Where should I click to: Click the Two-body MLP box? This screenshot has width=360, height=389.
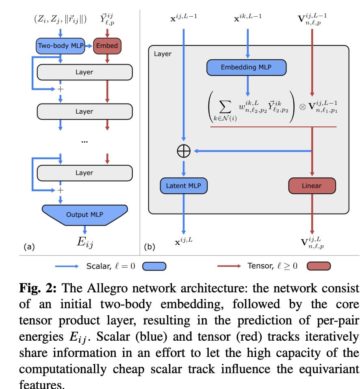60,46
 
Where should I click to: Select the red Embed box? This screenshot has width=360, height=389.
107,46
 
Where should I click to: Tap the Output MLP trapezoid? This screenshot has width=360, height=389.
85,214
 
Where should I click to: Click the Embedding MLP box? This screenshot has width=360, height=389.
246,67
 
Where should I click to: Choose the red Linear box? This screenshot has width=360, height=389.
312,186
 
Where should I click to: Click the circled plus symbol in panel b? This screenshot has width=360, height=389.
184,151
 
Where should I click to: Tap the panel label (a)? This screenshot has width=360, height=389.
30,246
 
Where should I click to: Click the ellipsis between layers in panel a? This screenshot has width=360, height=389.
85,141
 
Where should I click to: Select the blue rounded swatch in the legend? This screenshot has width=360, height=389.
154,266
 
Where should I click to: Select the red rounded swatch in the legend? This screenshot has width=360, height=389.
319,266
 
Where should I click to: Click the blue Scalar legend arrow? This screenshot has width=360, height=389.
67,266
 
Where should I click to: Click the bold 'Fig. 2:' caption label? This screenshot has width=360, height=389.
40,289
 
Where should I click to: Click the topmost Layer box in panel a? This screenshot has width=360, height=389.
85,72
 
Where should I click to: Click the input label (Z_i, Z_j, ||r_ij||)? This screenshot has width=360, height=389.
61,19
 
